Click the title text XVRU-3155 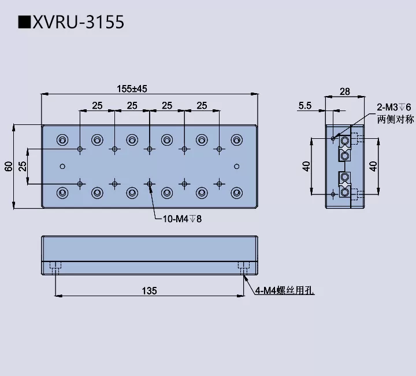[78, 23]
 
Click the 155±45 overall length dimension [132, 89]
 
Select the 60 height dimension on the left [8, 166]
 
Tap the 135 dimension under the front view [149, 290]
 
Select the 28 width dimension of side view [345, 91]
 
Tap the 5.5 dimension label [305, 105]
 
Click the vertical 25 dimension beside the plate [22, 166]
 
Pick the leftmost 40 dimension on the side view [307, 166]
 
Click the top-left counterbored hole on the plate [62, 139]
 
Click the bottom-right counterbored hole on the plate [236, 192]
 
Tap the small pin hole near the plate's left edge [63, 166]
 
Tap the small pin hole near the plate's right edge [236, 166]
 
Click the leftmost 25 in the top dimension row [97, 105]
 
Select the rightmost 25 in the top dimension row [201, 105]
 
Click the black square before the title [24, 23]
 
